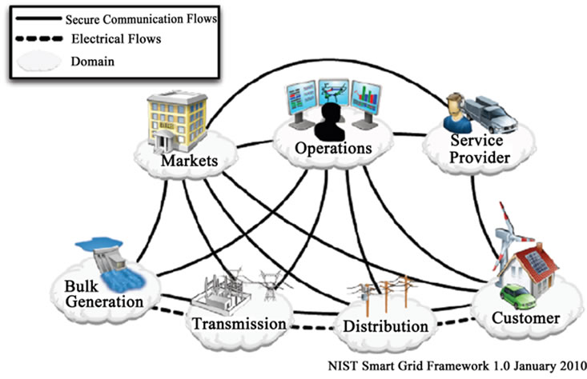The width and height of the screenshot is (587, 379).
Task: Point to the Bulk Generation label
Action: tap(105, 293)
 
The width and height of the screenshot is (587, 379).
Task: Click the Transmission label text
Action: tap(238, 324)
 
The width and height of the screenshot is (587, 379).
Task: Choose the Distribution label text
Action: tap(385, 326)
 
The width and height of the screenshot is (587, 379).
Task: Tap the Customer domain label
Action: tap(525, 318)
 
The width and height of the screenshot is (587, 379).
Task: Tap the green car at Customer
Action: tap(518, 298)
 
